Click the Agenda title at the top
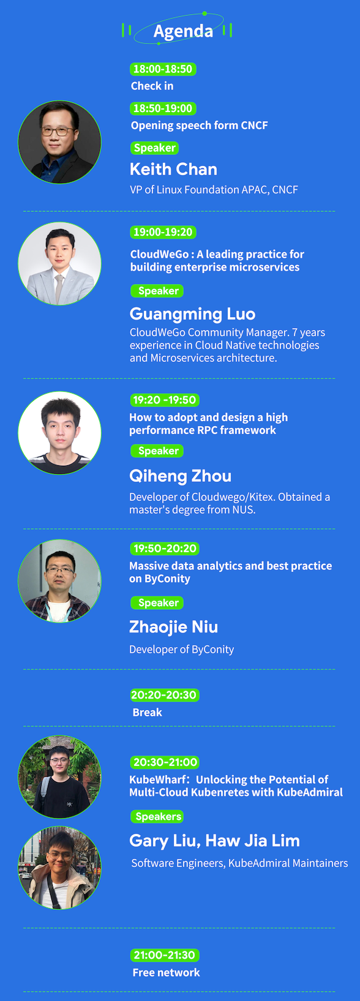(183, 31)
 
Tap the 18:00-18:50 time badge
(163, 69)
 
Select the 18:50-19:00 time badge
(163, 108)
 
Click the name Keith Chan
(173, 170)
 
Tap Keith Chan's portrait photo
(59, 142)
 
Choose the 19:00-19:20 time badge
(163, 233)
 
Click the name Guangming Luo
(192, 314)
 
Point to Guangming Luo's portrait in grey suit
(59, 264)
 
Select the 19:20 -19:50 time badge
(165, 400)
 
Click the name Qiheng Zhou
(181, 476)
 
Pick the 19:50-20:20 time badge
(165, 549)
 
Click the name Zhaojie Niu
(174, 628)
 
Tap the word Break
(148, 712)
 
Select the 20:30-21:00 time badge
(165, 762)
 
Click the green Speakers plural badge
(157, 817)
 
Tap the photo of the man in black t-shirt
(59, 777)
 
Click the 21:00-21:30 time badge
(165, 955)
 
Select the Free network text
(166, 972)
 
